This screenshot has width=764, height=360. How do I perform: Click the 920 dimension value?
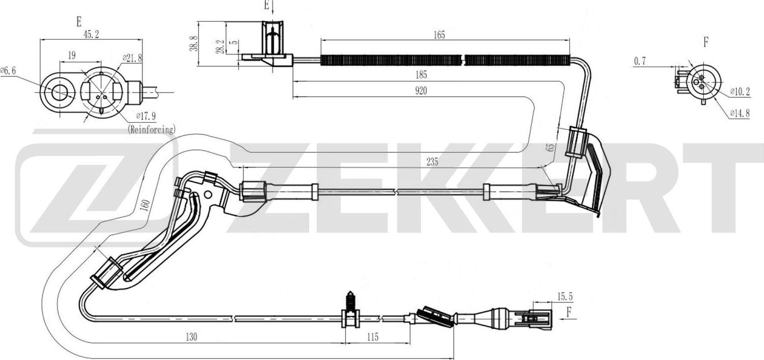(x=420, y=91)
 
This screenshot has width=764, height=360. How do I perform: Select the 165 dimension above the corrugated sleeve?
(x=439, y=35)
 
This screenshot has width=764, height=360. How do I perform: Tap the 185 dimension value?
(x=420, y=75)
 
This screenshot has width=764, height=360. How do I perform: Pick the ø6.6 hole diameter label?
(x=9, y=71)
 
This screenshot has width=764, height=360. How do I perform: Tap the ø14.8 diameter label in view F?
(x=740, y=114)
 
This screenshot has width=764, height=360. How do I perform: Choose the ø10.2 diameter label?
(x=740, y=92)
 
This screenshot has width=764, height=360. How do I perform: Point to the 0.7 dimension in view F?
(x=640, y=61)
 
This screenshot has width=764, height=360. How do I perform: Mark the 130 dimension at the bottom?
(x=192, y=337)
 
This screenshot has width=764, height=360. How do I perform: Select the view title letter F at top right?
(x=705, y=42)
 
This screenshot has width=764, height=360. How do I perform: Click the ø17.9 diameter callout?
(x=147, y=115)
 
